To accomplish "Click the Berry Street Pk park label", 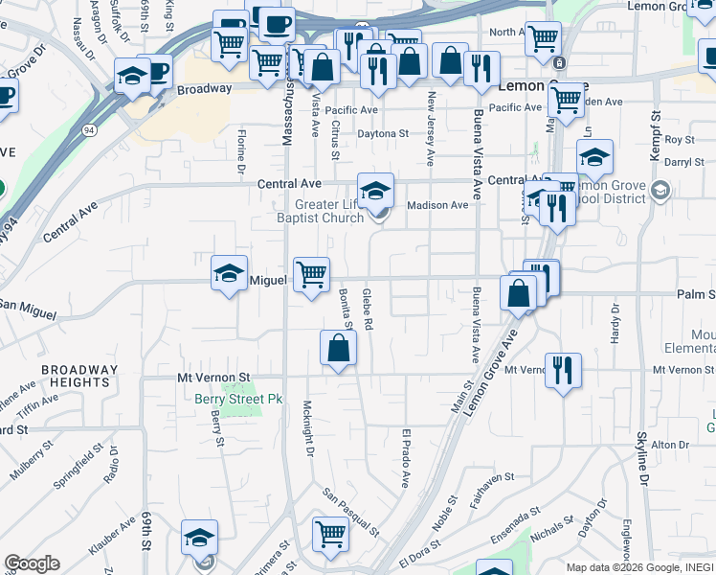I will tap(226, 398).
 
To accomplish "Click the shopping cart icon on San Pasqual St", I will tap(330, 533).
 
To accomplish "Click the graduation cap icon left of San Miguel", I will tap(229, 274).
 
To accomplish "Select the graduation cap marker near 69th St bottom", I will tap(199, 538).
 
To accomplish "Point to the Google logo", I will tap(32, 563).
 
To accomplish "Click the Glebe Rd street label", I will tap(368, 310).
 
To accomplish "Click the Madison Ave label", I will tap(437, 205).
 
